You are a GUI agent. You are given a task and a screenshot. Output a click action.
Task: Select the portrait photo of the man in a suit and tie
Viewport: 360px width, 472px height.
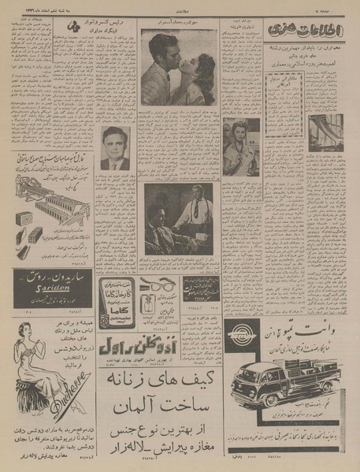point(115,148)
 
